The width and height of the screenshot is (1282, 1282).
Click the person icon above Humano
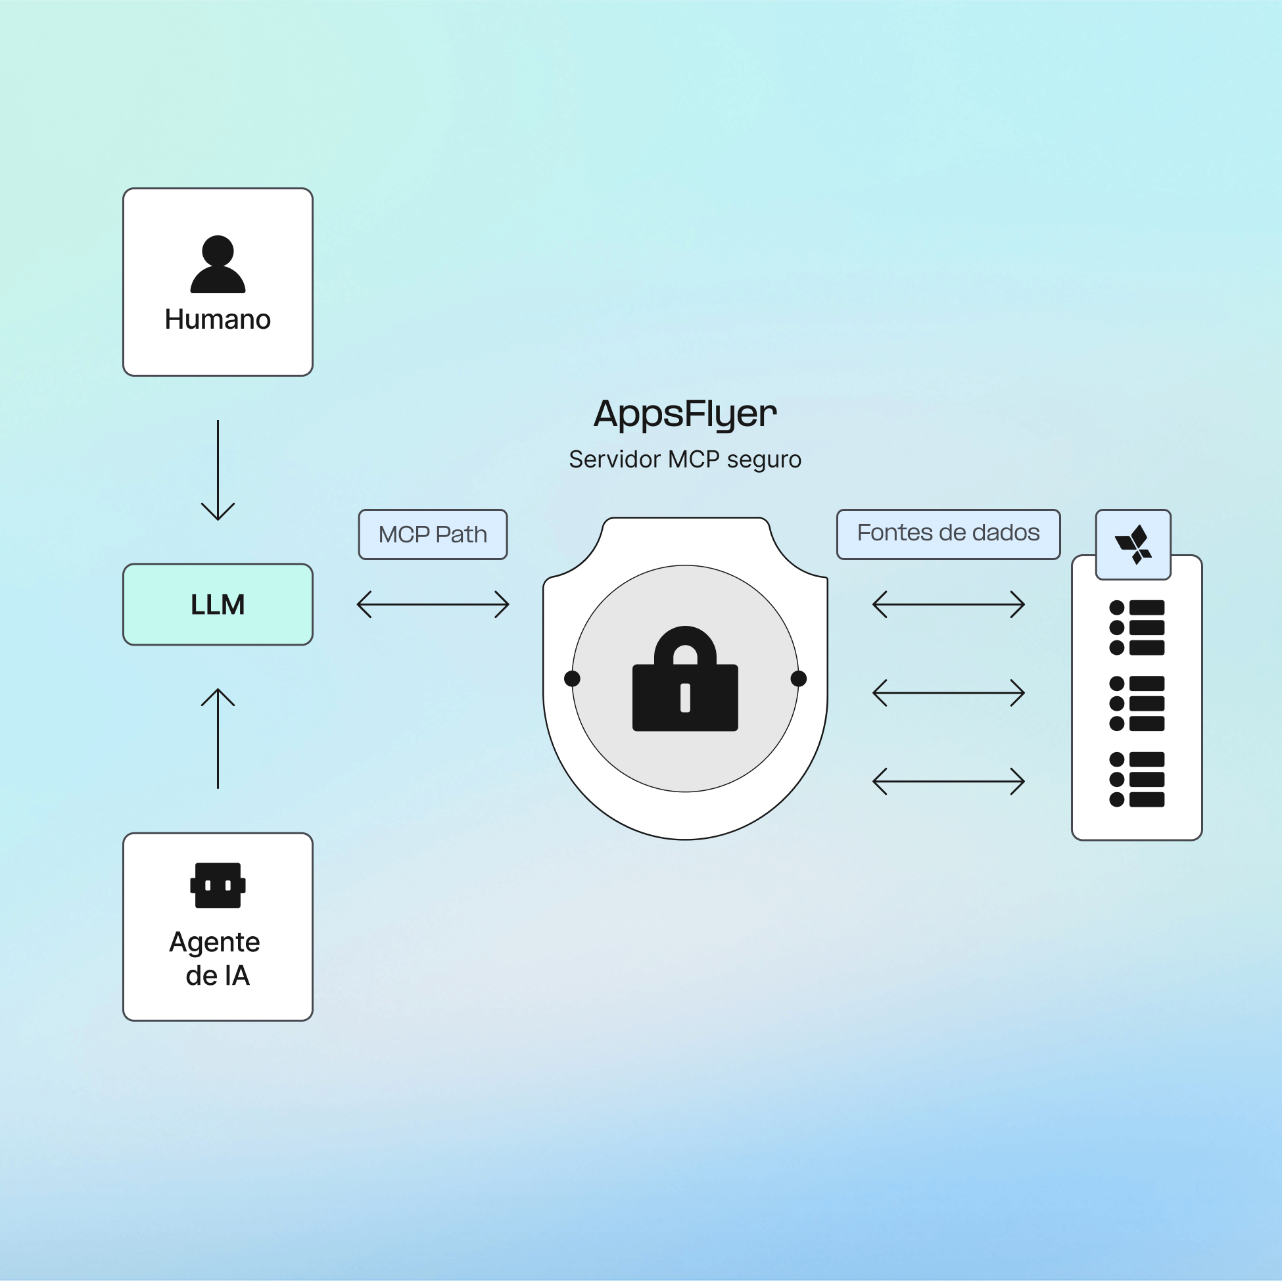tap(218, 264)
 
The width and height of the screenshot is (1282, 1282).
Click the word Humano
tap(218, 320)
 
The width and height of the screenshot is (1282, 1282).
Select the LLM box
tap(218, 604)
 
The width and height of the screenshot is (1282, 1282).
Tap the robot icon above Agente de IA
tap(218, 885)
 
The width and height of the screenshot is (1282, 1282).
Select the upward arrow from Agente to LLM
tap(218, 738)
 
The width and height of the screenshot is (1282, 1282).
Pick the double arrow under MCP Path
tap(433, 604)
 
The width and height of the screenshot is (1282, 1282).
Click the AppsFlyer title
tap(685, 414)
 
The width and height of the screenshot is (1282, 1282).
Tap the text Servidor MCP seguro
tap(685, 459)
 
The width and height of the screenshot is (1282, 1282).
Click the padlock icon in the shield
tap(685, 680)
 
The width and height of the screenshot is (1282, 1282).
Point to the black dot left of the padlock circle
tap(572, 678)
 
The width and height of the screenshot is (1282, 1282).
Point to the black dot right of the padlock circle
tap(799, 678)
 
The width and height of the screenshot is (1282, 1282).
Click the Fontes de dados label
tap(948, 533)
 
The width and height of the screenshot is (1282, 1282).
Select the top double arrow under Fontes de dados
tap(948, 604)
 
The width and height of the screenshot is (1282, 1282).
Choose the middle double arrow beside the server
tap(948, 693)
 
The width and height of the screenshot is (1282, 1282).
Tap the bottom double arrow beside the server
tap(948, 782)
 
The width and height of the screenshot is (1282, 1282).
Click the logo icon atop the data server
tap(1133, 545)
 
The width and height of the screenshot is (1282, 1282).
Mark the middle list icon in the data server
tap(1137, 703)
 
